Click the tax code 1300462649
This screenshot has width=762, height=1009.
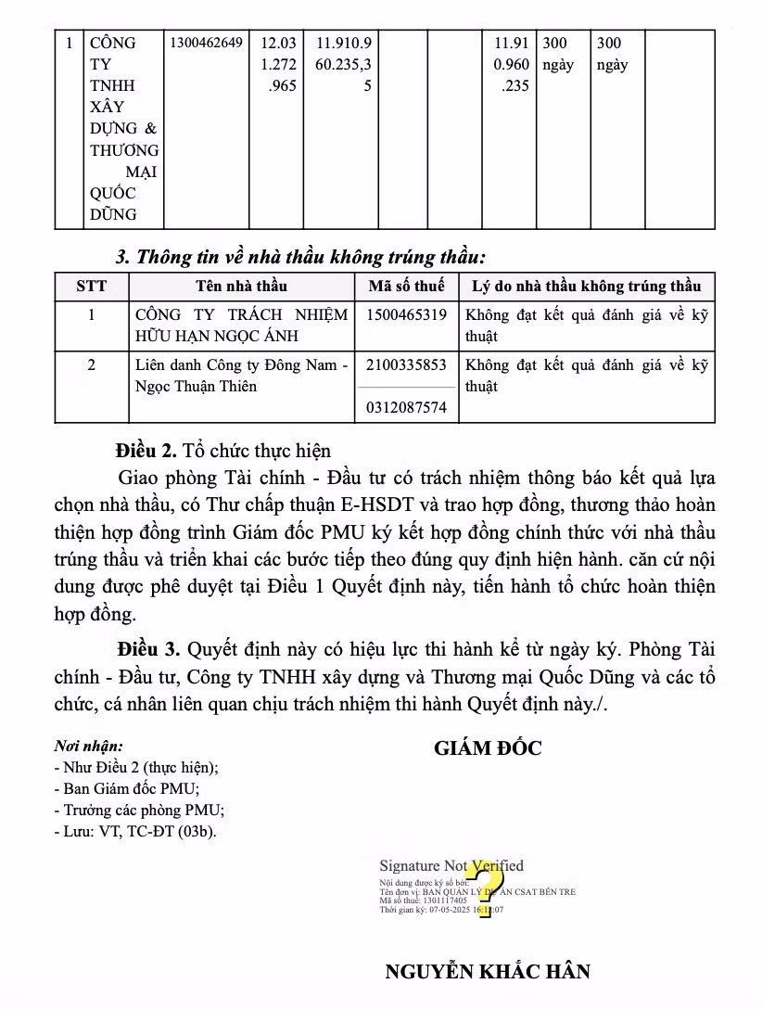206,43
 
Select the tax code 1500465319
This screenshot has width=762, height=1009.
406,315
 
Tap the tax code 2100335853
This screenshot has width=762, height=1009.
406,365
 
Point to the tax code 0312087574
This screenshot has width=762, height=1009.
406,407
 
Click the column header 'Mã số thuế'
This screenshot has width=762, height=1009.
406,286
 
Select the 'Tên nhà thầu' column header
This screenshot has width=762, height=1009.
241,286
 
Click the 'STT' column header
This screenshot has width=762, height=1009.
91,286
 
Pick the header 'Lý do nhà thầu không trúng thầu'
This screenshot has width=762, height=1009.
586,286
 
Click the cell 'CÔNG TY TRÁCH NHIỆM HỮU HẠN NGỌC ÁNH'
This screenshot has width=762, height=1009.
241,326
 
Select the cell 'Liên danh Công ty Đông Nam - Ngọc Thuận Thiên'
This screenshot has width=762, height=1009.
241,376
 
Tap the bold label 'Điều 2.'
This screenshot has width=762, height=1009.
146,452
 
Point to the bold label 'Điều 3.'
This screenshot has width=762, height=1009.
146,648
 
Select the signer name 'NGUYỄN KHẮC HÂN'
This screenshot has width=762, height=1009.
488,972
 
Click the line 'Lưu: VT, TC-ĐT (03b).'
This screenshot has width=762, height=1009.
135,831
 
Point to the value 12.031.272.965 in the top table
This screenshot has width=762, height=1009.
279,65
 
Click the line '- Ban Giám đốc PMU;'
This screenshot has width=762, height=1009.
126,788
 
